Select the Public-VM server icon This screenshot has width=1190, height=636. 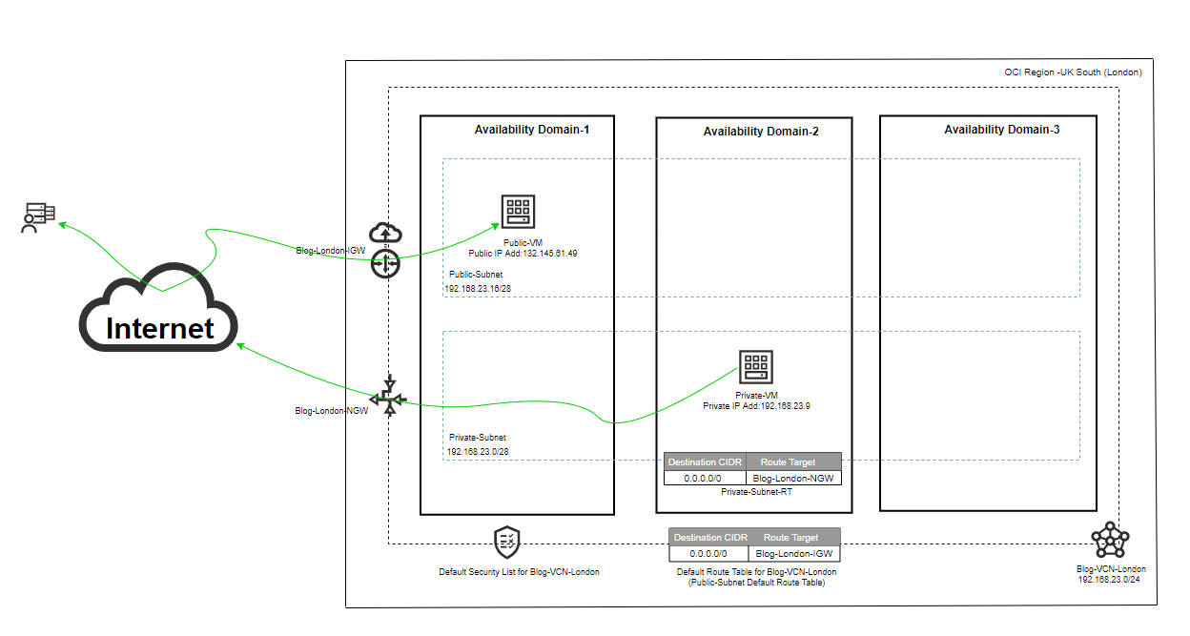click(519, 212)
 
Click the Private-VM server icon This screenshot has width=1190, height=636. click(756, 366)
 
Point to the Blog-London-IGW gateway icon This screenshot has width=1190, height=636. click(385, 250)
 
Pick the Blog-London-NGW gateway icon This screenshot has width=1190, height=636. click(388, 396)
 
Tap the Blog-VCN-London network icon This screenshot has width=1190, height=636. click(1110, 541)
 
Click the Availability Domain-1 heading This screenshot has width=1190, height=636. click(531, 129)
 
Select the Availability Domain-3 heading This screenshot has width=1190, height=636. click(1001, 129)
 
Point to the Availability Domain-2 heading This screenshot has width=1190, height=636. click(761, 132)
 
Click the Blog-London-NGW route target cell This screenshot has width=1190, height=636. click(793, 477)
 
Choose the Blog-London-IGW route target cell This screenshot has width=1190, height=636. click(792, 553)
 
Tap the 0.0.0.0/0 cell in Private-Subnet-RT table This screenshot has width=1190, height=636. click(705, 477)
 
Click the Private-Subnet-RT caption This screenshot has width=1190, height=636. click(756, 492)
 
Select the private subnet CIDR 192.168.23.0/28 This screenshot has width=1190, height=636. click(477, 451)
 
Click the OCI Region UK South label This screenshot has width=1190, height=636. click(1073, 72)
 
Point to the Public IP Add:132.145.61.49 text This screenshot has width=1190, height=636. click(523, 254)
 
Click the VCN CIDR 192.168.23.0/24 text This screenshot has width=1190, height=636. click(1111, 579)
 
